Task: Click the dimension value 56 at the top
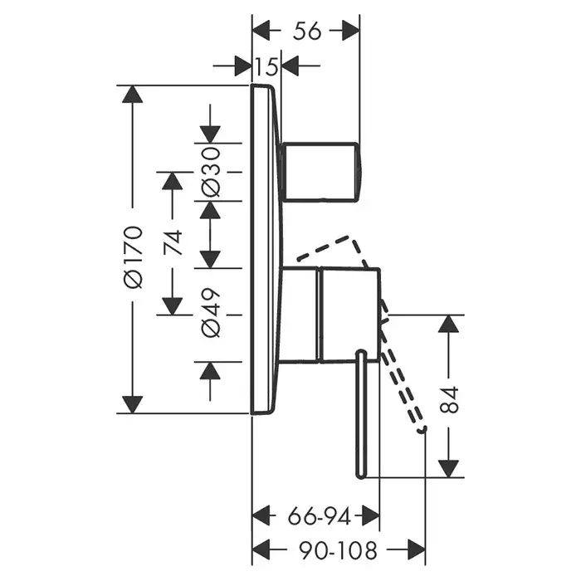pyautogui.click(x=307, y=31)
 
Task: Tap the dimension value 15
pyautogui.click(x=266, y=66)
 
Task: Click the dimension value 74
pyautogui.click(x=172, y=242)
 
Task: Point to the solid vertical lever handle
pyautogui.click(x=361, y=415)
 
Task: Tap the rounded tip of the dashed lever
pyautogui.click(x=422, y=430)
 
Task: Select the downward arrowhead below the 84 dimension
pyautogui.click(x=448, y=467)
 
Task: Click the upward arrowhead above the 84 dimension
pyautogui.click(x=448, y=325)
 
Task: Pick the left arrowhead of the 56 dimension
pyautogui.click(x=261, y=31)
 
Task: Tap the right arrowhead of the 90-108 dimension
pyautogui.click(x=415, y=549)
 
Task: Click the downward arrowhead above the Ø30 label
pyautogui.click(x=210, y=134)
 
